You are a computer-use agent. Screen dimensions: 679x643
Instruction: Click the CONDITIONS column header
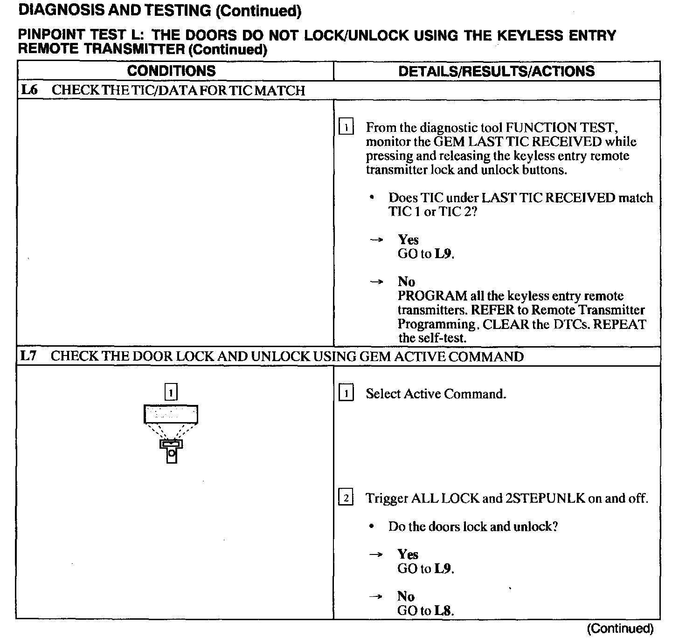[171, 71]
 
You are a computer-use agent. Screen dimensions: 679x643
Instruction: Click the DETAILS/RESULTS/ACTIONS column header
[497, 71]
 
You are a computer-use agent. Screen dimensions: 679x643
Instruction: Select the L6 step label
[28, 90]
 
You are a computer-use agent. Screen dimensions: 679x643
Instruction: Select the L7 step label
[28, 356]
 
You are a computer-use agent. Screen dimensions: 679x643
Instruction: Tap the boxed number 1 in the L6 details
[346, 127]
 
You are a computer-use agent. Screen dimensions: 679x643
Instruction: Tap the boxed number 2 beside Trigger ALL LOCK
[346, 498]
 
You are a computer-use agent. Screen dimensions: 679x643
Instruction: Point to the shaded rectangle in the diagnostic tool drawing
[171, 414]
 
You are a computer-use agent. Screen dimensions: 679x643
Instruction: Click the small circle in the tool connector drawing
[172, 452]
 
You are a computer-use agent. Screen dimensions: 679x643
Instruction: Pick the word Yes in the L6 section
[408, 240]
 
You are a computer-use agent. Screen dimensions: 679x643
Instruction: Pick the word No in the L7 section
[406, 596]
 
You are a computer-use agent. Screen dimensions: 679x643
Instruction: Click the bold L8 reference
[443, 610]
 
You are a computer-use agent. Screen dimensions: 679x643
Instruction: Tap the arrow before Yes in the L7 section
[376, 554]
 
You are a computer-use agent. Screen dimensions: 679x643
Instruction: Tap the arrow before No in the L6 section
[376, 282]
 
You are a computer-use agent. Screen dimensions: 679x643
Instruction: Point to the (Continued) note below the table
[620, 629]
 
